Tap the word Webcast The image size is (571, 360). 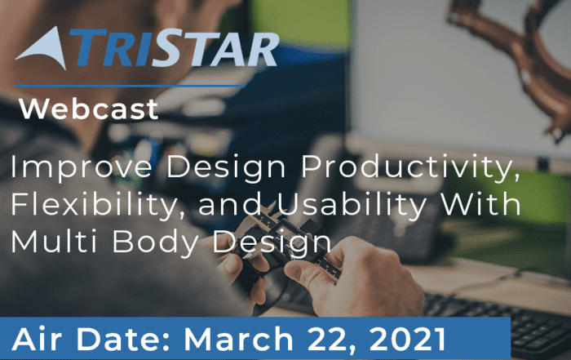tap(88, 109)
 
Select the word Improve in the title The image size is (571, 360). tap(82, 167)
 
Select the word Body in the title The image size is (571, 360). tap(156, 242)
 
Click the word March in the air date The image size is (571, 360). tap(238, 339)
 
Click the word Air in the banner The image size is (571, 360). tap(37, 339)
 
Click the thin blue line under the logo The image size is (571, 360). tap(130, 86)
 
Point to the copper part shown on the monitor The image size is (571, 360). tap(517, 55)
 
